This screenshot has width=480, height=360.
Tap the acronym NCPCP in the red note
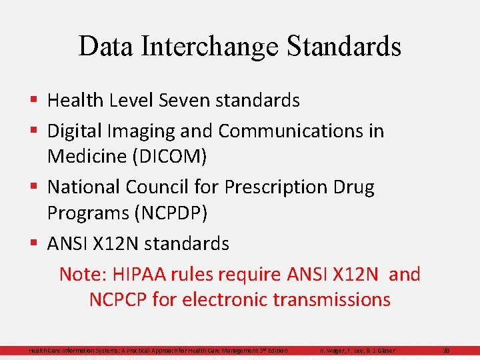tap(118, 299)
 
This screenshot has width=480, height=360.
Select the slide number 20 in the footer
tap(447, 351)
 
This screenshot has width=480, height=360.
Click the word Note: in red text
tap(83, 274)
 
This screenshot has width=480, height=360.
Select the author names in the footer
tap(357, 351)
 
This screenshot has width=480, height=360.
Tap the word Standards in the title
tap(345, 47)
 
